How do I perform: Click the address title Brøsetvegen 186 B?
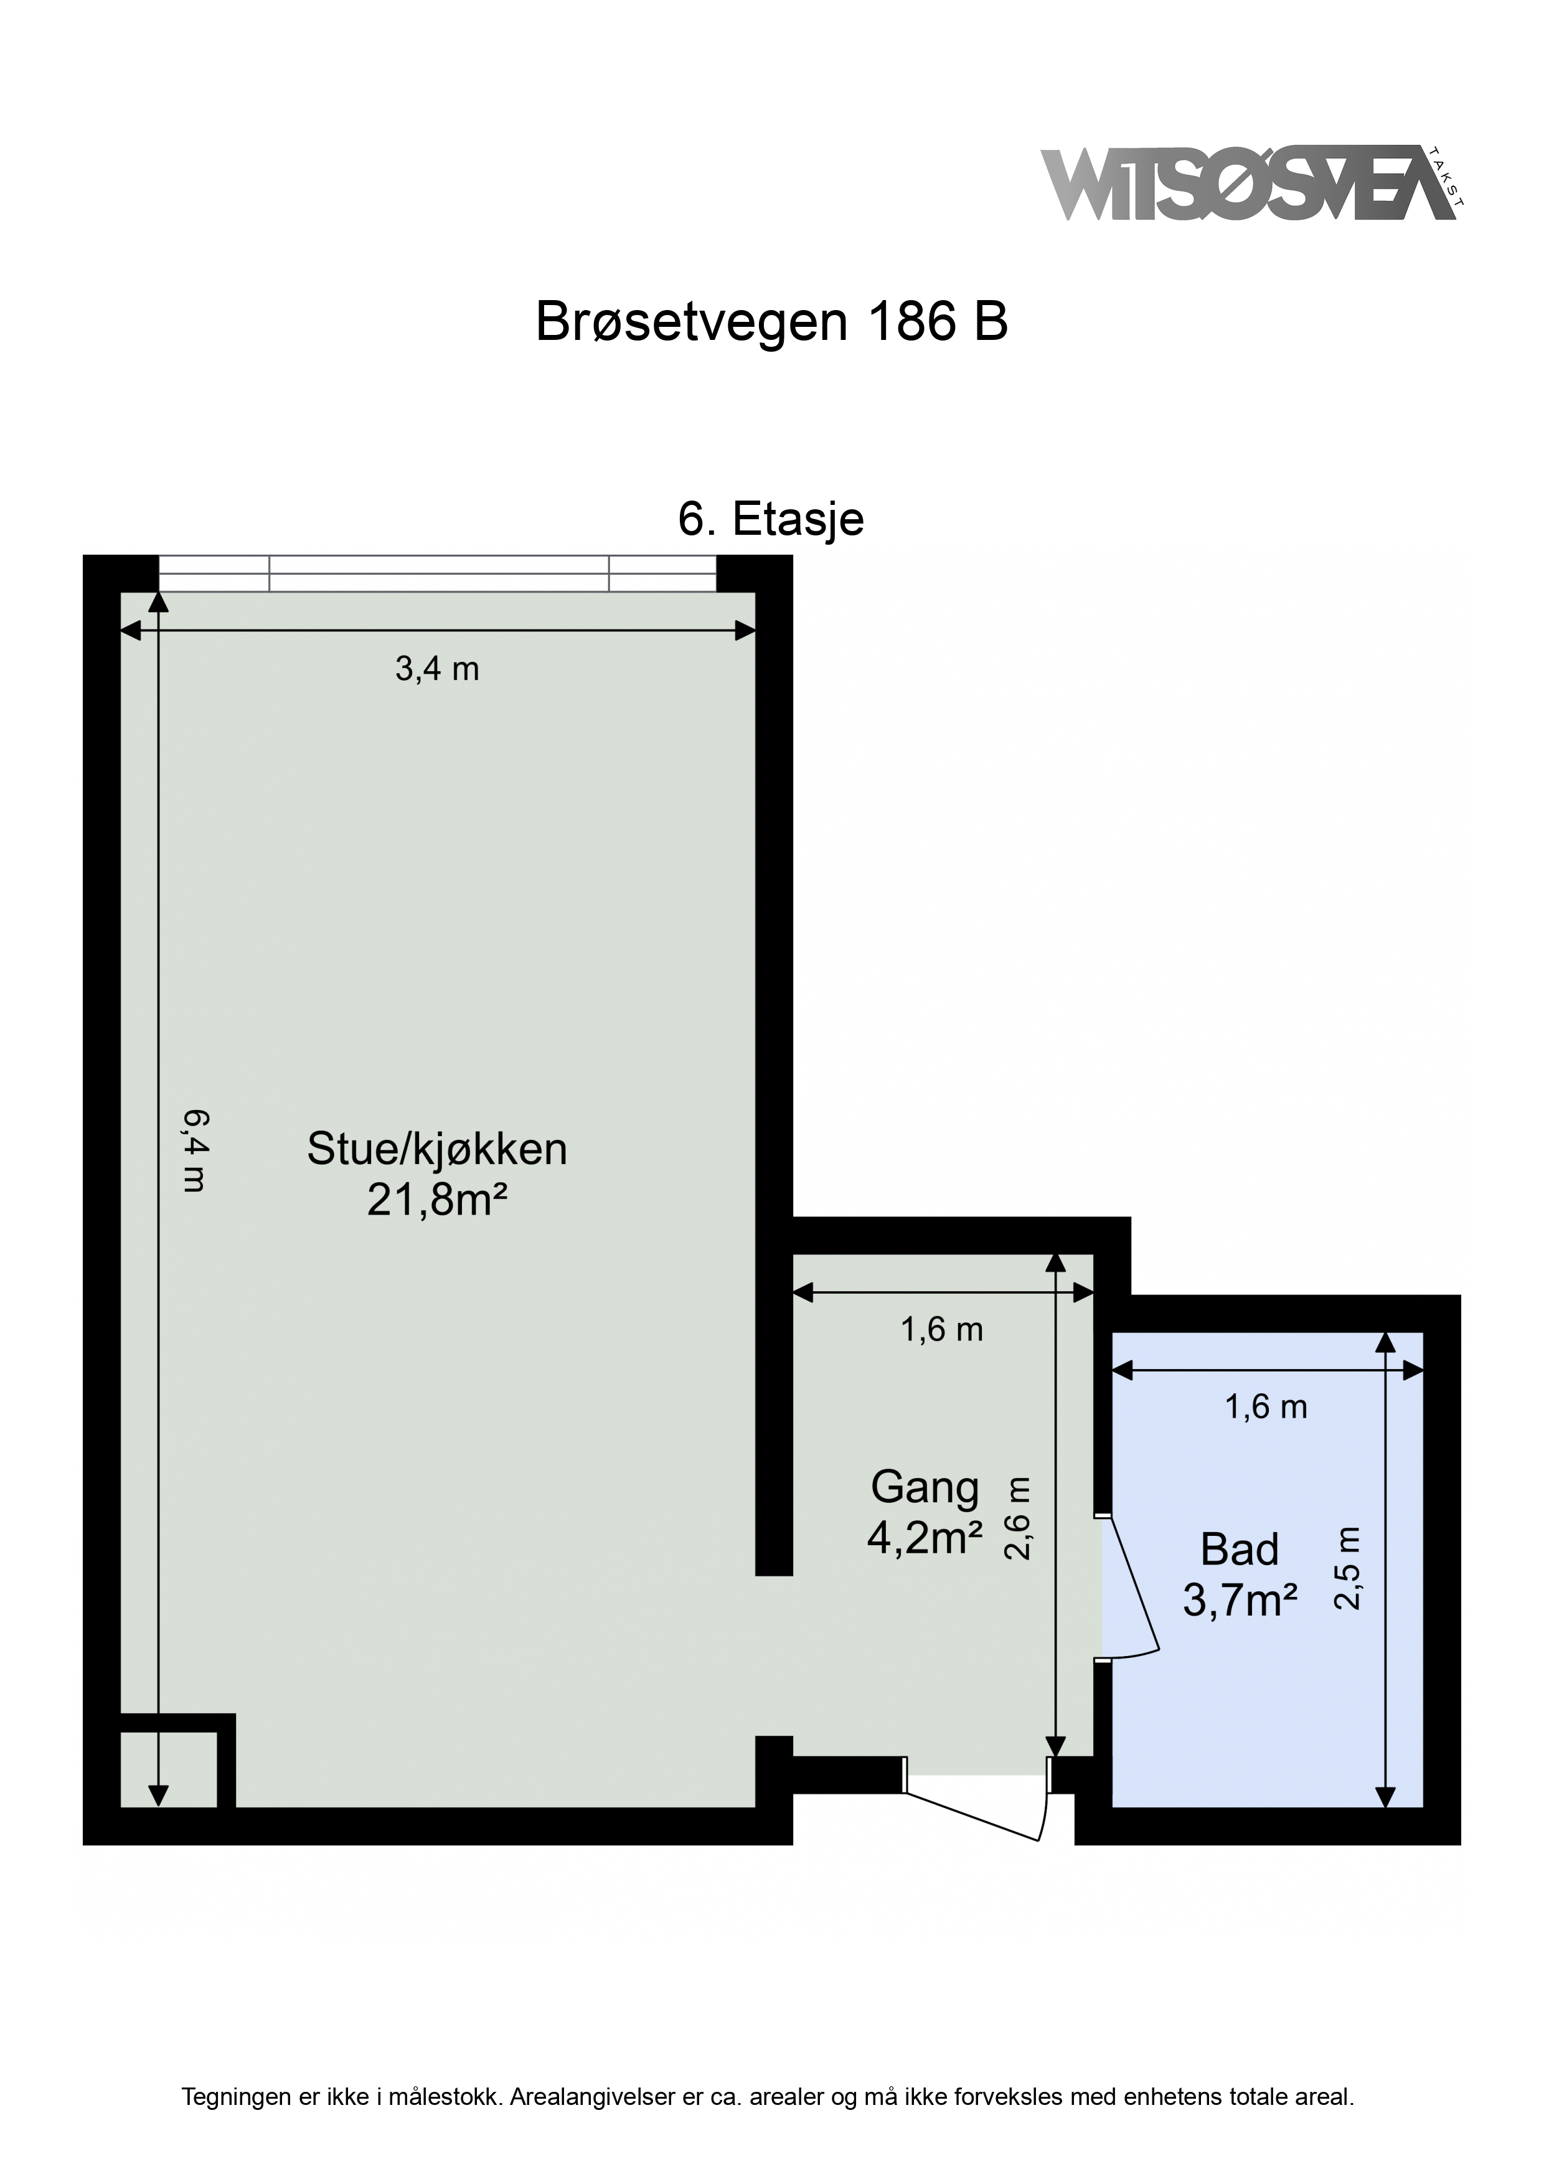point(771,321)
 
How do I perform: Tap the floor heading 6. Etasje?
point(771,519)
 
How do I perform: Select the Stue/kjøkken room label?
point(436,1150)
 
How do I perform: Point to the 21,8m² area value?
point(436,1200)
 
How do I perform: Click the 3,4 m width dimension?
point(436,670)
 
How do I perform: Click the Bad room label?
point(1240,1550)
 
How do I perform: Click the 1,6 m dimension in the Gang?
point(942,1330)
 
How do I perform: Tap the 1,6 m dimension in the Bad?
point(1266,1407)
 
